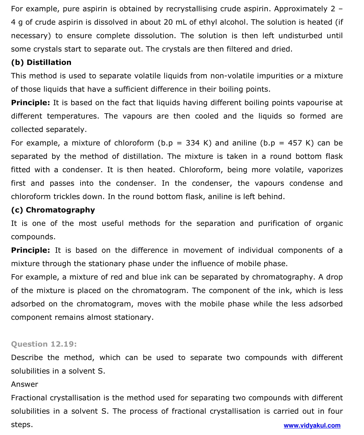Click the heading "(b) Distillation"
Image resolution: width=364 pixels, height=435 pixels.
coord(41,63)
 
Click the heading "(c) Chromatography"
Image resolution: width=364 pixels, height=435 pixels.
coord(53,210)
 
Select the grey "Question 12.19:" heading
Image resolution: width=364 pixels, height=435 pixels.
coord(44,344)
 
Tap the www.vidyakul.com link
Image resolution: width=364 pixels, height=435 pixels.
coord(312,425)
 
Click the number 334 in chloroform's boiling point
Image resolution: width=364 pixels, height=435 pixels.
coord(192,143)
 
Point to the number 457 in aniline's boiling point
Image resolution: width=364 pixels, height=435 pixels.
coord(295,143)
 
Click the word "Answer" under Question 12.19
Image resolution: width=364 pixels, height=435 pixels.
coord(25,384)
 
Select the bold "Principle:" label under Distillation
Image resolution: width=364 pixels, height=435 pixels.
coord(30,103)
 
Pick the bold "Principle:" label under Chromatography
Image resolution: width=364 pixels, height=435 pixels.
coord(30,250)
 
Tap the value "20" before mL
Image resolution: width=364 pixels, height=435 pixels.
coord(168,22)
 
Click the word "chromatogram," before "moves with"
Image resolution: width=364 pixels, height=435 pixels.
coord(105,304)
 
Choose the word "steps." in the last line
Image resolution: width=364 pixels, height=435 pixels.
coord(22,425)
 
